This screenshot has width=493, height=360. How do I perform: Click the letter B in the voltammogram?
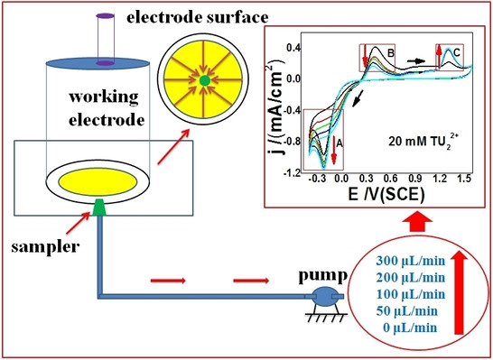pos(391,53)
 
